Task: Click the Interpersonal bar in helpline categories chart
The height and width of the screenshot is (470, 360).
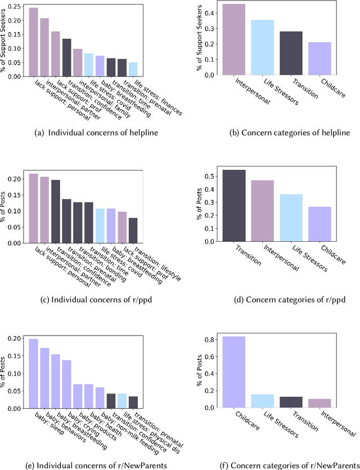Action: tap(233, 39)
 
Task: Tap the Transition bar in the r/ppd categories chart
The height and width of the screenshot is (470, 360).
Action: tap(233, 206)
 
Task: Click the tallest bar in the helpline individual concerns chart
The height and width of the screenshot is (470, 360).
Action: tap(34, 42)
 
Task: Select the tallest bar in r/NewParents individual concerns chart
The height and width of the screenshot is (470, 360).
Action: tap(34, 373)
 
